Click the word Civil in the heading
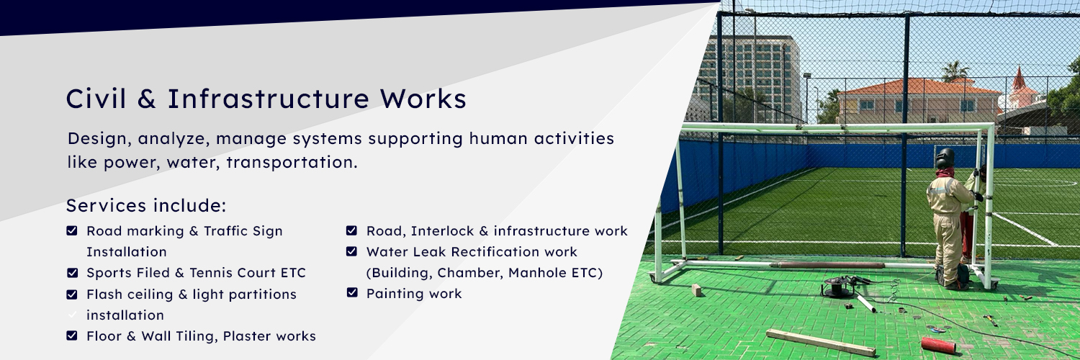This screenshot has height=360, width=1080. (96, 99)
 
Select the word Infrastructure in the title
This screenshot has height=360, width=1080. (269, 99)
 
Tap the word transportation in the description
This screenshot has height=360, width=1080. (292, 163)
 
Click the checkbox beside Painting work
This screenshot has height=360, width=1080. (352, 292)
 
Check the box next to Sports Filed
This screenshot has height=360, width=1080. (72, 273)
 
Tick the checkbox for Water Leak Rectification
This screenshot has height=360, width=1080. (351, 251)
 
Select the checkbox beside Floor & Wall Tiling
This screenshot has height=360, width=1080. (72, 336)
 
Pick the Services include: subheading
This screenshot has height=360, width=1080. (146, 206)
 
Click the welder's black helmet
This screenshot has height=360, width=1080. (945, 158)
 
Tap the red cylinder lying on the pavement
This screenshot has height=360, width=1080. (938, 345)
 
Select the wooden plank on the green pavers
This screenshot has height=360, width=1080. (821, 343)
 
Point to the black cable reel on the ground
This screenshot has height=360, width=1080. (837, 287)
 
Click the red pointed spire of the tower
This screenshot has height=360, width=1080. (1018, 78)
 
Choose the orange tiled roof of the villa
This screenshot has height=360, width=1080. (919, 87)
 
